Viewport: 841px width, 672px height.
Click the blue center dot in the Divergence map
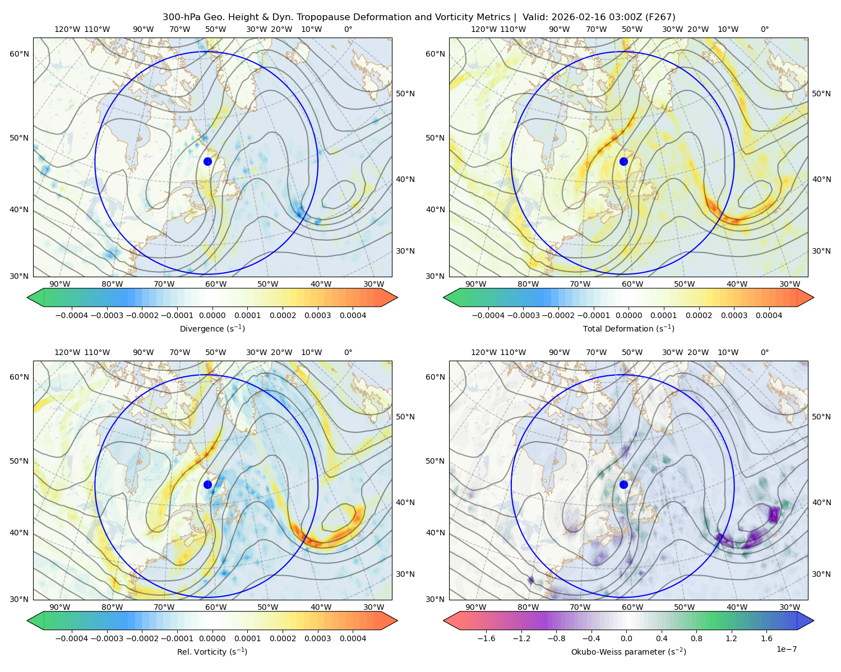(207, 161)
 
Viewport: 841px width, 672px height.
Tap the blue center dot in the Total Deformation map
(623, 161)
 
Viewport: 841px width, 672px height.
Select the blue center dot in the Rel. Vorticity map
(207, 484)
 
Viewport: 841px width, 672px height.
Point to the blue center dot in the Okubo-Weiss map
(623, 484)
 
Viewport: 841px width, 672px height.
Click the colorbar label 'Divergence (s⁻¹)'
(212, 329)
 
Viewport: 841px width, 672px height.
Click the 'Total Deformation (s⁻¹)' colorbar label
(629, 329)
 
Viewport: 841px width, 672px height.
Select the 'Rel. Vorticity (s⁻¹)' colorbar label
(212, 652)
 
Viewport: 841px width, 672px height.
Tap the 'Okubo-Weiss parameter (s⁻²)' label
(629, 652)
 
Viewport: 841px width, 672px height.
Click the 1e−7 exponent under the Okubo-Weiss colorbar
(787, 649)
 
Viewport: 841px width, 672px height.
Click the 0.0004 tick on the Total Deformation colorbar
(769, 316)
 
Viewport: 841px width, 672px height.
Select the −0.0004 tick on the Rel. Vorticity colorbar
(71, 639)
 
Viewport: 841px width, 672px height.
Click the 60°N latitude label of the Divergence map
(19, 54)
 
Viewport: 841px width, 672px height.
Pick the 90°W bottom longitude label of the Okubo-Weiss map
(475, 607)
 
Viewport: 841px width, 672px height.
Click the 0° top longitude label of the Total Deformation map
(764, 30)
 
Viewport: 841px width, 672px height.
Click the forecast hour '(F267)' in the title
(660, 17)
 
